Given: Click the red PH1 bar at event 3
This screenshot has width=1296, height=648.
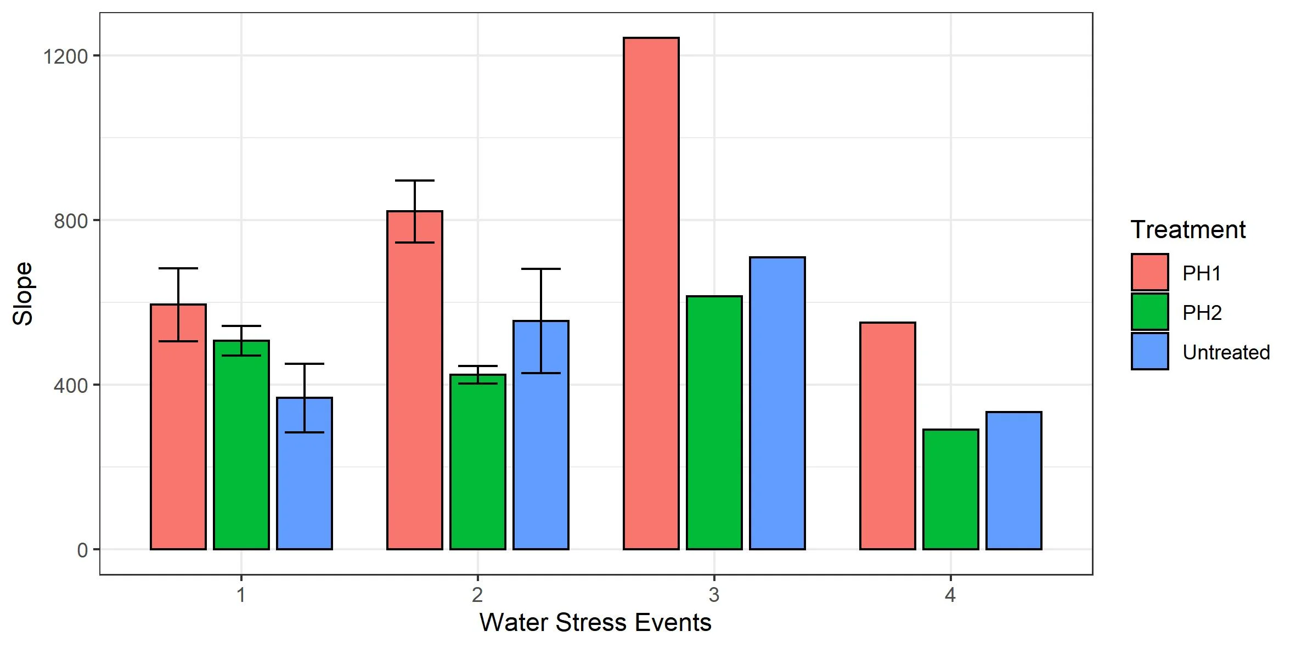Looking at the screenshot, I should [x=651, y=294].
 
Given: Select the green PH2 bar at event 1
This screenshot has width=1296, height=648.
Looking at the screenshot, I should [x=241, y=444].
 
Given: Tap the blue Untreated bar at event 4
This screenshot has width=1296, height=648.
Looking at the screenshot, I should [x=1013, y=480].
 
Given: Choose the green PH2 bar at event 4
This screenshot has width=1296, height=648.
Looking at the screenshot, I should [x=950, y=489].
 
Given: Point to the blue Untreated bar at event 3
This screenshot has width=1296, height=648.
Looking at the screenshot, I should [x=777, y=403].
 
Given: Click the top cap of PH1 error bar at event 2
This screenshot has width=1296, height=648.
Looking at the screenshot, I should [x=415, y=181].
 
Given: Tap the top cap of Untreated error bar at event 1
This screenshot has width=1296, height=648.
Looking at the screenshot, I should [x=305, y=364].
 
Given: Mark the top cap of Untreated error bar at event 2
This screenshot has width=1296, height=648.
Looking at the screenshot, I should [x=540, y=269].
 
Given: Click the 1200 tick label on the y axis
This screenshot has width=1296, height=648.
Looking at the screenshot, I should [x=65, y=56].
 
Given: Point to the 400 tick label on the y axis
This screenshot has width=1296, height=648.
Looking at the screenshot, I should [x=71, y=385].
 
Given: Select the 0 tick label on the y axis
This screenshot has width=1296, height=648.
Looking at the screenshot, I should [x=82, y=550].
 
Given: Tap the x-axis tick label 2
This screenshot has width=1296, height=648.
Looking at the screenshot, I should [x=477, y=595].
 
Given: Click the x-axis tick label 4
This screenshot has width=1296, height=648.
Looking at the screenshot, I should [x=950, y=595].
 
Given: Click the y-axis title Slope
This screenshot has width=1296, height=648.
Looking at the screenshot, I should [x=24, y=294].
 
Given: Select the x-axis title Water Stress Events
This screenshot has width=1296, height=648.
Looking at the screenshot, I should [x=595, y=623].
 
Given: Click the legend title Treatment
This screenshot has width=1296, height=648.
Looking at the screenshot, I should [x=1188, y=229].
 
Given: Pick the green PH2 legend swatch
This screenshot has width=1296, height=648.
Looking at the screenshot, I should [x=1150, y=312].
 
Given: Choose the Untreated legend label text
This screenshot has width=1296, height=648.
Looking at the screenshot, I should [x=1226, y=352].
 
